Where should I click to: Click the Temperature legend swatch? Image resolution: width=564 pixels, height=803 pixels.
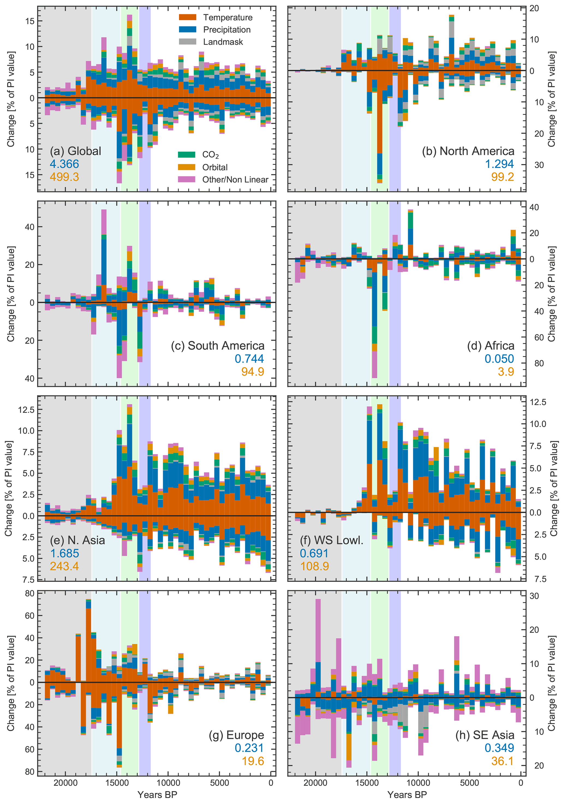click(x=187, y=17)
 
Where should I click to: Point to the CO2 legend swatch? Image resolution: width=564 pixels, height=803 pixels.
click(x=187, y=154)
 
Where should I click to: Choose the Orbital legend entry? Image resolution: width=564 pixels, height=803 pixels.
click(x=215, y=167)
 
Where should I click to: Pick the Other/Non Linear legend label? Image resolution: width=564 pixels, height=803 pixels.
click(x=235, y=179)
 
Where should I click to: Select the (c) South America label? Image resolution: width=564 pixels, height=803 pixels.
click(x=217, y=346)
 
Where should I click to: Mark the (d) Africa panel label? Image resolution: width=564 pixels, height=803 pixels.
click(x=490, y=346)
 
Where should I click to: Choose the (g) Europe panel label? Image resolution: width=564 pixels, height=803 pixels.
click(x=236, y=735)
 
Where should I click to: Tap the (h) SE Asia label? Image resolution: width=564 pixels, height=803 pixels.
click(x=484, y=735)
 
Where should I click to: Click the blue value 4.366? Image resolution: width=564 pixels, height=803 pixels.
click(x=64, y=164)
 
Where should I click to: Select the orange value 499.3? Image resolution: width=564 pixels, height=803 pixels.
click(x=64, y=177)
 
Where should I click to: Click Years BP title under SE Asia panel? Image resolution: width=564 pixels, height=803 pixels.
click(x=407, y=795)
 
